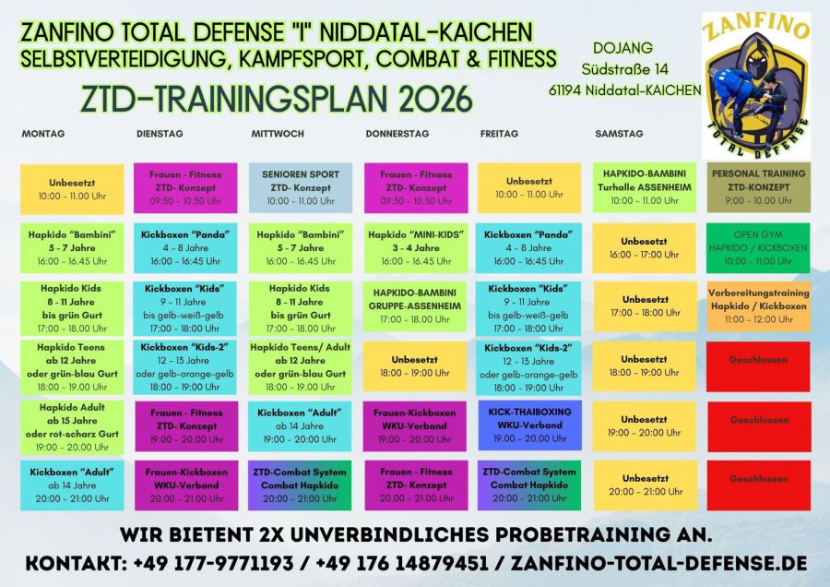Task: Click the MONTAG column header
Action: tap(42, 134)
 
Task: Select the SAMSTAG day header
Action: tap(619, 134)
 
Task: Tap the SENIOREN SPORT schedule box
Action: tap(300, 187)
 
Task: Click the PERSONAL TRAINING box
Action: tap(759, 187)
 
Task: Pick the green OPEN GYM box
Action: tap(758, 247)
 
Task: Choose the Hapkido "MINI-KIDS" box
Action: tap(416, 247)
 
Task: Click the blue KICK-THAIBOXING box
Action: tap(529, 425)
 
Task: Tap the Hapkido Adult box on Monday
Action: tap(72, 427)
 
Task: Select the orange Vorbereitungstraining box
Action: tap(759, 306)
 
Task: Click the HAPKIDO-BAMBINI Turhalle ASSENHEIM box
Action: tap(645, 187)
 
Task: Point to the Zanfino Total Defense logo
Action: tap(756, 85)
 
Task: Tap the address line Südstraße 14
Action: tap(624, 69)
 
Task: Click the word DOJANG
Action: tap(622, 48)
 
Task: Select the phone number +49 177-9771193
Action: tap(213, 563)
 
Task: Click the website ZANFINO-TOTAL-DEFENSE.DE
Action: tap(659, 563)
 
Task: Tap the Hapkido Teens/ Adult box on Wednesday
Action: tap(300, 367)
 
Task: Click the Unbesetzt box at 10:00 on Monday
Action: tap(72, 189)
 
